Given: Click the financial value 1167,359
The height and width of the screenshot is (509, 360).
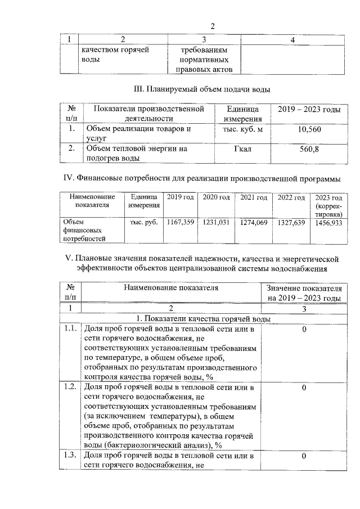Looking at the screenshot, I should click(181, 223).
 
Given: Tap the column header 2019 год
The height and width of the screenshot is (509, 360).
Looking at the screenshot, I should click(181, 197).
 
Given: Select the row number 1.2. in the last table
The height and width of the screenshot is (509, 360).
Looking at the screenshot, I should click(70, 388).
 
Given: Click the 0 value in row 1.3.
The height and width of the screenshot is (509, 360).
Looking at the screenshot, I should click(304, 456).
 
